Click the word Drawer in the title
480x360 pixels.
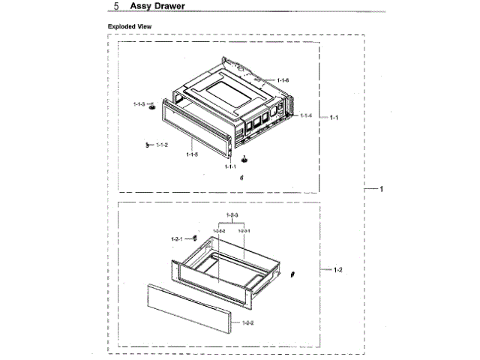[x=169, y=7]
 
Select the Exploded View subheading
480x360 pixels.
[x=130, y=25]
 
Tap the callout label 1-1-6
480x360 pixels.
[x=283, y=80]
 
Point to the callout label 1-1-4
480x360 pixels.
[x=305, y=115]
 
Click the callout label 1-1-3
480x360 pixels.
[x=140, y=104]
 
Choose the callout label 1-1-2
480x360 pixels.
[x=162, y=144]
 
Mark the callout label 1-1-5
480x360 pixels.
[x=192, y=154]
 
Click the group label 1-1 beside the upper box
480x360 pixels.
[x=334, y=117]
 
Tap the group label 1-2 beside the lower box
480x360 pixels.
[x=337, y=268]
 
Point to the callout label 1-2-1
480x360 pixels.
[x=177, y=239]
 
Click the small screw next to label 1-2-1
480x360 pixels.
[x=194, y=238]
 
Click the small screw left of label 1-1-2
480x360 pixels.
[x=148, y=144]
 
